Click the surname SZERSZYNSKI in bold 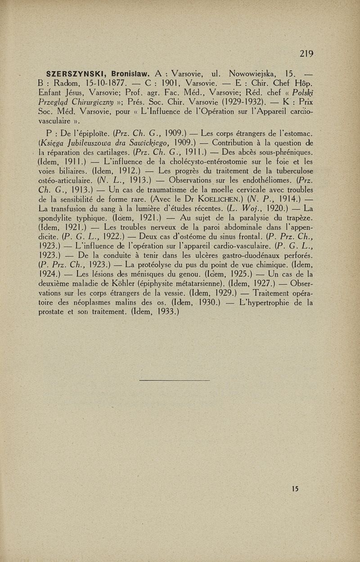tap(76, 73)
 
